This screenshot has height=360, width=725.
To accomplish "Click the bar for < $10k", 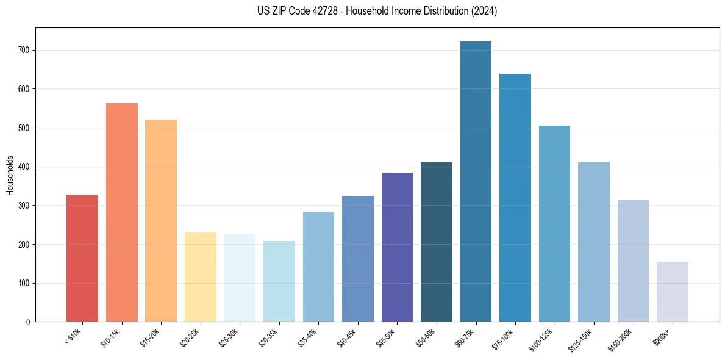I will click(x=82, y=258).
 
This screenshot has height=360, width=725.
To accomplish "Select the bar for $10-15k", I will click(x=121, y=212).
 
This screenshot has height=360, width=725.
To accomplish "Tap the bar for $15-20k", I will click(x=161, y=220).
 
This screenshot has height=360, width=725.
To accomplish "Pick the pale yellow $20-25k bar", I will click(x=200, y=277).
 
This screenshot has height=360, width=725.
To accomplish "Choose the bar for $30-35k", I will click(x=279, y=281).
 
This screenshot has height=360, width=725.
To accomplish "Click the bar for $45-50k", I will click(x=397, y=247).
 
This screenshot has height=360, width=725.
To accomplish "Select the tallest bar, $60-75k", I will click(x=476, y=181).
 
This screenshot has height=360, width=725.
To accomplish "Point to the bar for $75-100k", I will click(x=515, y=198).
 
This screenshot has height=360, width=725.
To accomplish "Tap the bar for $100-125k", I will click(x=554, y=223).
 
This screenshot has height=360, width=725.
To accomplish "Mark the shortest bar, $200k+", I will click(x=672, y=292).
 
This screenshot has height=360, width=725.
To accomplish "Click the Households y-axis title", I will click(x=10, y=175).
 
